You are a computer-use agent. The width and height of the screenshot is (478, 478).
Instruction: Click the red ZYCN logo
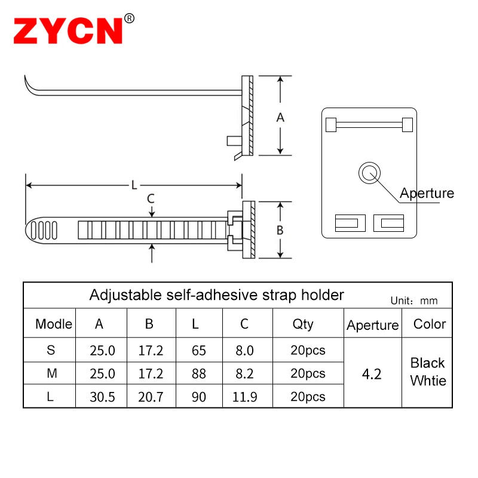click(x=68, y=30)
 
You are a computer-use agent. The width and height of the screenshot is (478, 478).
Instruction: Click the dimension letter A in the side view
click(x=280, y=118)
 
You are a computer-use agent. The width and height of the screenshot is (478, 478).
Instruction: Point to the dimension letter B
click(x=280, y=231)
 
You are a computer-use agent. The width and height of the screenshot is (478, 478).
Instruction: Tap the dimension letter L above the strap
click(x=134, y=185)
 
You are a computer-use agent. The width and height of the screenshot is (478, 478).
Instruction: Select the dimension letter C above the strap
click(x=151, y=198)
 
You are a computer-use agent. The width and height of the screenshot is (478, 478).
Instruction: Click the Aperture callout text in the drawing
click(x=427, y=193)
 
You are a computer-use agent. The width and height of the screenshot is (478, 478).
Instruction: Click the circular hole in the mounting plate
click(x=368, y=173)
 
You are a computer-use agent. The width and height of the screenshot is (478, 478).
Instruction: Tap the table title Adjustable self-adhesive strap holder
click(x=216, y=295)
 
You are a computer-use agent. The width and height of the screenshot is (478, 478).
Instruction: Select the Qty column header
click(x=303, y=324)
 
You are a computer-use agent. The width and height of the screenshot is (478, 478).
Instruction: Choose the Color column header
click(x=430, y=324)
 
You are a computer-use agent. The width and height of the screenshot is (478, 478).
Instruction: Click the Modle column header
click(x=54, y=324)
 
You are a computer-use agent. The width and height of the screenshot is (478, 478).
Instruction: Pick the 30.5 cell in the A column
click(x=102, y=397)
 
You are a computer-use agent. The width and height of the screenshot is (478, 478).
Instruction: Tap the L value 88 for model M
click(x=199, y=373)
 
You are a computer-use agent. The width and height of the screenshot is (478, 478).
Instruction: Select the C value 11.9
click(x=245, y=397)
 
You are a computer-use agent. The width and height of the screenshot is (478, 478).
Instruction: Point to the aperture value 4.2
click(x=372, y=374)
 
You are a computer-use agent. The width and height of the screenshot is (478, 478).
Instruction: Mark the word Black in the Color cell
click(x=428, y=363)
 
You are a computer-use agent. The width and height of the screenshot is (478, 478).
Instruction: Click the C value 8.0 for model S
click(x=245, y=351)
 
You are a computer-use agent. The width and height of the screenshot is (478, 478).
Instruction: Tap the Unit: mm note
click(x=414, y=301)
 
